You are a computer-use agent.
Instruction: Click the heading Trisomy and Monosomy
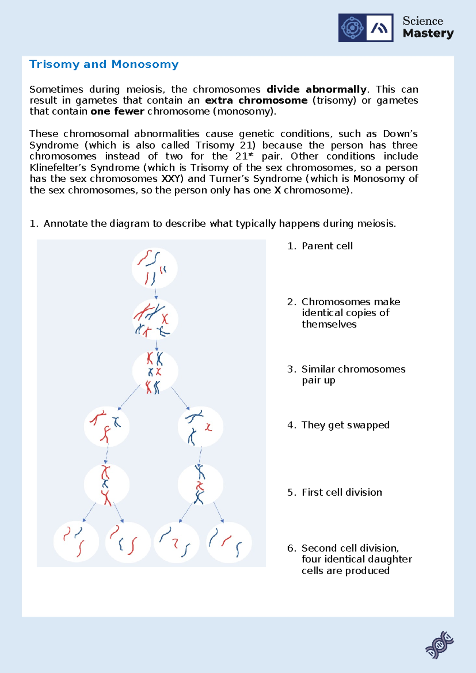pyautogui.click(x=104, y=64)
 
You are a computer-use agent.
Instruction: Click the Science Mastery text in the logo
pyautogui.click(x=428, y=27)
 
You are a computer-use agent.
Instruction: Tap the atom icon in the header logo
pyautogui.click(x=352, y=28)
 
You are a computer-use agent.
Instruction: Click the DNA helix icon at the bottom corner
pyautogui.click(x=439, y=645)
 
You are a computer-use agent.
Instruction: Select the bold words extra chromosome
pyautogui.click(x=256, y=100)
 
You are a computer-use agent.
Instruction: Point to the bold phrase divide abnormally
pyautogui.click(x=316, y=89)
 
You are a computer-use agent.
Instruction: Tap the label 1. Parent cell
pyautogui.click(x=320, y=246)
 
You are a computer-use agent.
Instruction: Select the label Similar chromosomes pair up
pyautogui.click(x=353, y=375)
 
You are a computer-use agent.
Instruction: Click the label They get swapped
pyautogui.click(x=345, y=425)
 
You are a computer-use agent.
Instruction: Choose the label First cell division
pyautogui.click(x=342, y=492)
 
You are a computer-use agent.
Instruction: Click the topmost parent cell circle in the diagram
pyautogui.click(x=155, y=268)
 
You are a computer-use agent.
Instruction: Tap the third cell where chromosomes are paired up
pyautogui.click(x=155, y=371)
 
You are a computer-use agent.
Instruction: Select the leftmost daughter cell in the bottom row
pyautogui.click(x=76, y=542)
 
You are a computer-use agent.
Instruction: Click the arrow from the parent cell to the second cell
pyautogui.click(x=156, y=294)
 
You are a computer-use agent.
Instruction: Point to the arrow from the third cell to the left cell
pyautogui.click(x=129, y=397)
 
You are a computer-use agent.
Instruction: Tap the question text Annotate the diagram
pyautogui.click(x=220, y=224)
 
